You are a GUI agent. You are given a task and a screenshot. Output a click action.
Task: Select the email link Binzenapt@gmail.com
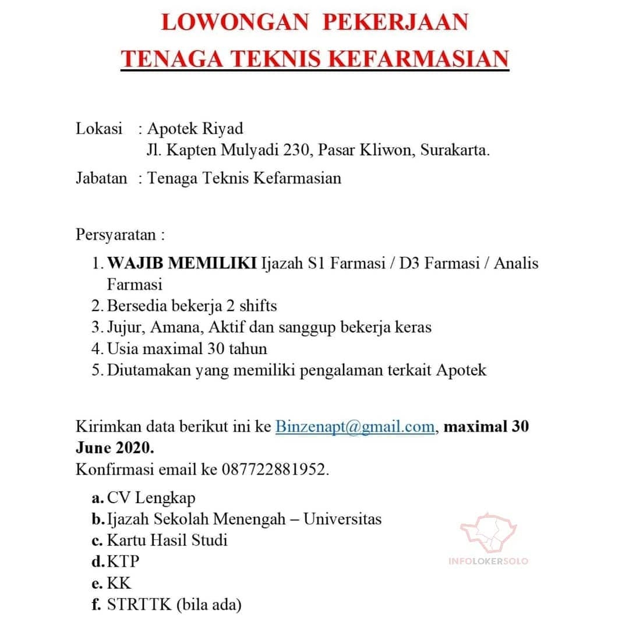[x=355, y=426]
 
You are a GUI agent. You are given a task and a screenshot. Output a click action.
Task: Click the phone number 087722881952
[x=273, y=469]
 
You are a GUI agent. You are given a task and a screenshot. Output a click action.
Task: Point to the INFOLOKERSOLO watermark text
[x=489, y=561]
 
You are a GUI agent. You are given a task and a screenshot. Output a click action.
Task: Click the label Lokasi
[x=99, y=128]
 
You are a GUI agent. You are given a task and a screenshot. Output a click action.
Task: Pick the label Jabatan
[x=101, y=178]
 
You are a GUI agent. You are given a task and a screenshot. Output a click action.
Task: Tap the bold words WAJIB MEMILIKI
[x=182, y=263]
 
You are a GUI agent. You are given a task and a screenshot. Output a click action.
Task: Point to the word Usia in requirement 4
[x=123, y=348]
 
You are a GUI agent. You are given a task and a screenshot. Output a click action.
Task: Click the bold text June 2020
[x=115, y=448]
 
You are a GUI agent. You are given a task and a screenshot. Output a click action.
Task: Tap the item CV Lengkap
[x=151, y=498]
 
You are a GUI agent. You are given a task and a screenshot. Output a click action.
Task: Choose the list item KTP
[x=123, y=561]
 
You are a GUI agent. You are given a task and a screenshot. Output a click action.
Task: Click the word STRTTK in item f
[x=139, y=604]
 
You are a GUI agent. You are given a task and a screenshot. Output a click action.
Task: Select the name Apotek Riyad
[x=195, y=128]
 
